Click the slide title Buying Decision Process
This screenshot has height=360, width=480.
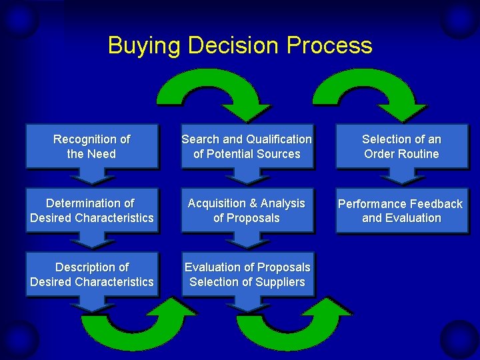coord(240,45)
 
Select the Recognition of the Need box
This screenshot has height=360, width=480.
coord(92,146)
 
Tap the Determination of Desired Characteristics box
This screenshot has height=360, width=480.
coord(92,210)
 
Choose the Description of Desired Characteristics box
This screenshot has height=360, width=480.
coord(92,274)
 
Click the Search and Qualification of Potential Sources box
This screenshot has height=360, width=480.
coord(247,146)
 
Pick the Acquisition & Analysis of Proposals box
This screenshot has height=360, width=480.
coord(247,210)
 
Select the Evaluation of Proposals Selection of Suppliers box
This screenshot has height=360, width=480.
coord(247,274)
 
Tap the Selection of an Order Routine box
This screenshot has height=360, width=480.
coord(401,146)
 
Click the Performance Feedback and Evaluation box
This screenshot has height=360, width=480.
coord(401,211)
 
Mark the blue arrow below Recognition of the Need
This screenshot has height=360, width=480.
coord(92,175)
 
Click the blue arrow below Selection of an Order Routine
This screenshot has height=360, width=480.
coord(401,175)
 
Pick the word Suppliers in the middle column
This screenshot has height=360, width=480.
coord(279,282)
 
